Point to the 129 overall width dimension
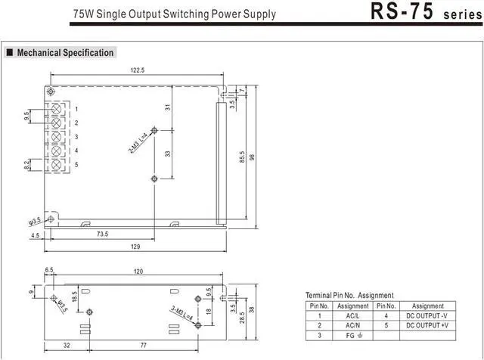(x=136, y=247)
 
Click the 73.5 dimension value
(x=102, y=234)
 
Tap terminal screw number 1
(x=56, y=109)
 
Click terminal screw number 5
(x=56, y=164)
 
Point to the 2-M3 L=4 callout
(x=138, y=142)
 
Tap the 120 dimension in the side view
(x=138, y=271)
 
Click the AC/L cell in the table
(x=352, y=315)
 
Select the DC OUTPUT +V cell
(x=428, y=325)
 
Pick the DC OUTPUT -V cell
(x=428, y=315)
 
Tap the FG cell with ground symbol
(x=352, y=335)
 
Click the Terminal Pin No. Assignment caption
(x=349, y=295)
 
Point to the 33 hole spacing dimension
(x=167, y=153)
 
